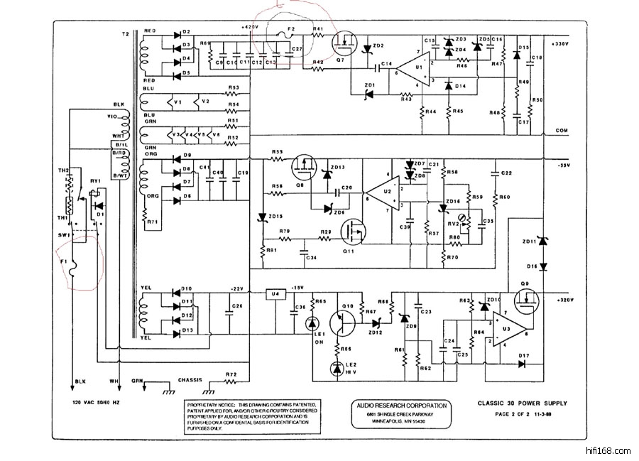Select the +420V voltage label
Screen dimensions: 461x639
click(250, 27)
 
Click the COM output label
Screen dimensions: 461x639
click(562, 131)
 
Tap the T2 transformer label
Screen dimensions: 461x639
click(126, 35)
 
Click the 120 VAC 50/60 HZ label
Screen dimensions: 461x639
click(97, 401)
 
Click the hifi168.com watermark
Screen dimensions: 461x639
click(609, 450)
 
